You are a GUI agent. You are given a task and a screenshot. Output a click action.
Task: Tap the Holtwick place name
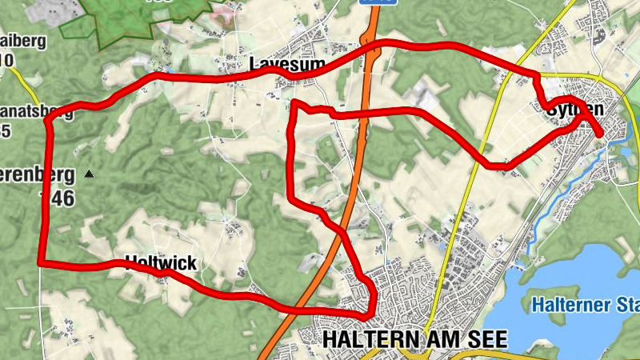pos(160,262)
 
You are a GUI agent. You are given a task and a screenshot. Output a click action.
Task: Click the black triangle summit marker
pos(90,173)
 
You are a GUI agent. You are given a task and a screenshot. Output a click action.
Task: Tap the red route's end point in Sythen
pos(601,135)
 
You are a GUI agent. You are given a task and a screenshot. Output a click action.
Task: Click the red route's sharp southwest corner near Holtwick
pos(40,262)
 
